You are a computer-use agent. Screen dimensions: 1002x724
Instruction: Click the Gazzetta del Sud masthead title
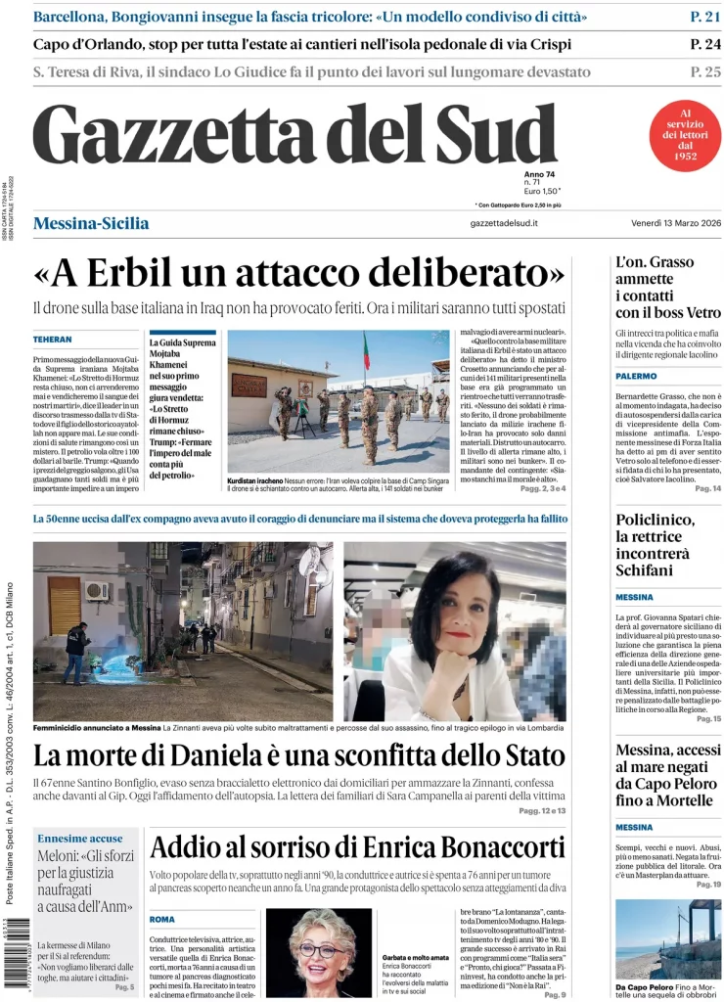pyautogui.click(x=294, y=134)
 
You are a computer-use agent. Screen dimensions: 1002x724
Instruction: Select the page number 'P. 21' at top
pyautogui.click(x=704, y=17)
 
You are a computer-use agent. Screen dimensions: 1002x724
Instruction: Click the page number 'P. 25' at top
pyautogui.click(x=704, y=71)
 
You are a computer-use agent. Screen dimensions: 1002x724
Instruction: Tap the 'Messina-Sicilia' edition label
pyautogui.click(x=91, y=223)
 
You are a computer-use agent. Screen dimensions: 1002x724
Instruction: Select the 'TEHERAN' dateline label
pyautogui.click(x=53, y=339)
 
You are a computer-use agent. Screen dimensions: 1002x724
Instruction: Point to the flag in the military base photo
pyautogui.click(x=367, y=350)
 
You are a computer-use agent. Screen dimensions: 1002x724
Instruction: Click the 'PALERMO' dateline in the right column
pyautogui.click(x=636, y=376)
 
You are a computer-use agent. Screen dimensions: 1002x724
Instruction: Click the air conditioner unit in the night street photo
pyautogui.click(x=96, y=591)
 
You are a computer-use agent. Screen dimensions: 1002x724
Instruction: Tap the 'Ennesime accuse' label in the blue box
pyautogui.click(x=80, y=838)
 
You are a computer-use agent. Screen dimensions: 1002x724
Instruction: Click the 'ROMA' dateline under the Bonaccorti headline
pyautogui.click(x=162, y=919)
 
